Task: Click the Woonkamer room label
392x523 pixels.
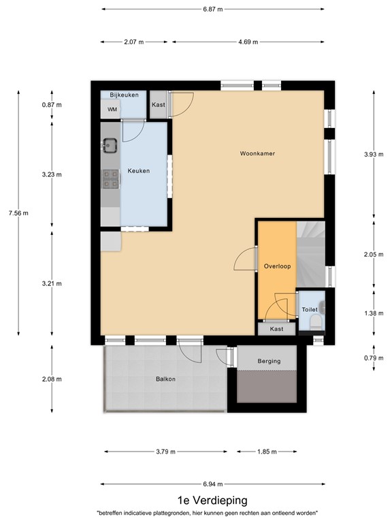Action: tap(256, 154)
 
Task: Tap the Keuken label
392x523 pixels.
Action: tap(138, 171)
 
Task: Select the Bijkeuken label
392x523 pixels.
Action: tap(125, 95)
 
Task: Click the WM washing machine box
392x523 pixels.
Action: tap(111, 110)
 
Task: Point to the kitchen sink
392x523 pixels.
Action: tap(109, 144)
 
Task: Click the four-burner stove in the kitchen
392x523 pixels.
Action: tap(109, 178)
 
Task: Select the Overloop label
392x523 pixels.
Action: tap(277, 266)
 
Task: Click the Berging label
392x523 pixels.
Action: tap(269, 360)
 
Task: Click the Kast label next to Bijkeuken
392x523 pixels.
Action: tap(159, 105)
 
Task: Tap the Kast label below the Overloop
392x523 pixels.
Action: tap(276, 329)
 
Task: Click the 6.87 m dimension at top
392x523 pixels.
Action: tap(213, 10)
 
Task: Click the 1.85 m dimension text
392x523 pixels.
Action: tap(267, 451)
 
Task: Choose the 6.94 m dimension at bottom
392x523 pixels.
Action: tap(213, 484)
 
